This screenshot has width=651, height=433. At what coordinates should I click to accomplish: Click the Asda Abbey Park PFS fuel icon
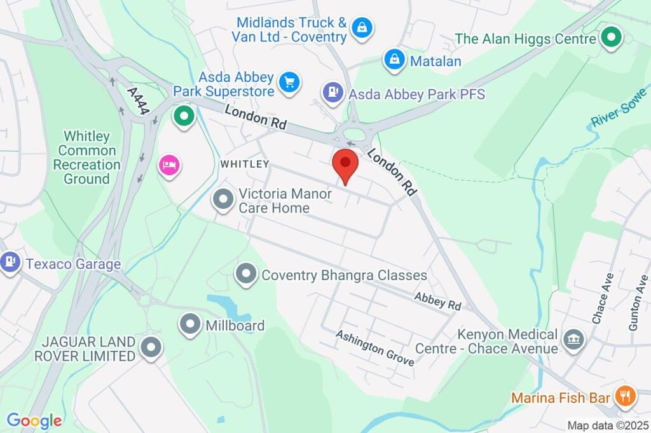[x=332, y=93]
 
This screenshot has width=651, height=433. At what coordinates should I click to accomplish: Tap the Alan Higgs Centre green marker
[x=612, y=37]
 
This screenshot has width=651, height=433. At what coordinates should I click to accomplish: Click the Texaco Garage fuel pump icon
[x=10, y=261]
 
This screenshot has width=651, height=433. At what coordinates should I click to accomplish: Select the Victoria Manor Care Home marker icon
[x=223, y=200]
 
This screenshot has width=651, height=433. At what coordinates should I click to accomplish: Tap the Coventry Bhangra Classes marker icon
[x=245, y=274]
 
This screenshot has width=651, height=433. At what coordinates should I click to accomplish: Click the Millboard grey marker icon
[x=189, y=325]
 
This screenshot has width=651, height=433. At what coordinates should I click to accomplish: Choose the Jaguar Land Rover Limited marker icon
[x=151, y=348]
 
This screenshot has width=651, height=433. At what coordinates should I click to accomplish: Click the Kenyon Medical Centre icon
[x=574, y=337]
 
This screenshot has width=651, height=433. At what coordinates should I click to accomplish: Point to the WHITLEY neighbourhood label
[x=244, y=164]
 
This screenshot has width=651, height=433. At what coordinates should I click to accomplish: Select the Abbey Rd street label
[x=437, y=301]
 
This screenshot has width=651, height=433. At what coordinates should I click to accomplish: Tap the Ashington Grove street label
[x=375, y=348]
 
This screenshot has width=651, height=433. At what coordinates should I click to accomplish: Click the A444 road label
[x=138, y=101]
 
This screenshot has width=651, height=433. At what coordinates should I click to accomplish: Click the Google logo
[x=34, y=420]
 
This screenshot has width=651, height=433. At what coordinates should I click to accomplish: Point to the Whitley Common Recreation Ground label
[x=86, y=157]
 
